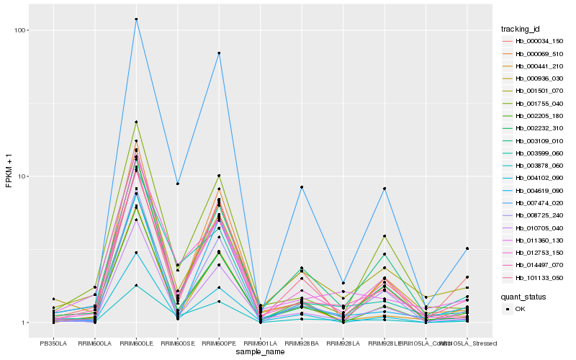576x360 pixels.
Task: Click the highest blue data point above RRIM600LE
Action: click(x=136, y=19)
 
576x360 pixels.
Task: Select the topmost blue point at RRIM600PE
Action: click(x=219, y=53)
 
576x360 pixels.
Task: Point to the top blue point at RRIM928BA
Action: click(x=302, y=187)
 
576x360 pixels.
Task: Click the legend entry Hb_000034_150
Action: click(x=535, y=41)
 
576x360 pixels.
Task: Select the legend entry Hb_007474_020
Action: click(x=535, y=203)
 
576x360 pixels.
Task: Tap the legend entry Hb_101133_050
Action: click(x=535, y=277)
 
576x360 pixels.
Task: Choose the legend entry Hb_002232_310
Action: click(x=535, y=128)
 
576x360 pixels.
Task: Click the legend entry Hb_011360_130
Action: click(x=535, y=240)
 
